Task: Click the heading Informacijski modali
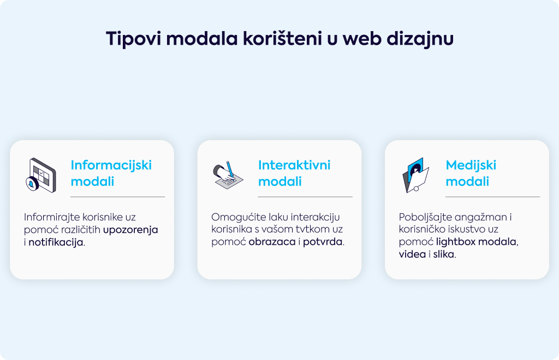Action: click(111, 173)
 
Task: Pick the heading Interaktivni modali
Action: click(294, 173)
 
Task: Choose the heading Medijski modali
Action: click(471, 173)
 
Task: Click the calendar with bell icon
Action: click(41, 175)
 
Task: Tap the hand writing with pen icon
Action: click(228, 175)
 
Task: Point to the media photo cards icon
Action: click(415, 175)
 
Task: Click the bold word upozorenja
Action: click(130, 230)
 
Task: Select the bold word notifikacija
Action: click(56, 243)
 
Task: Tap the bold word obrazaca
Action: click(272, 242)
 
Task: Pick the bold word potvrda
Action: click(323, 242)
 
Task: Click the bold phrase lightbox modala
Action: click(476, 242)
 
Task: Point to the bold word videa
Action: click(412, 255)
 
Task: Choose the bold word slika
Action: click(444, 255)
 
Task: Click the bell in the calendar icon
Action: click(32, 184)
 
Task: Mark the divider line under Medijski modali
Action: click(493, 196)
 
